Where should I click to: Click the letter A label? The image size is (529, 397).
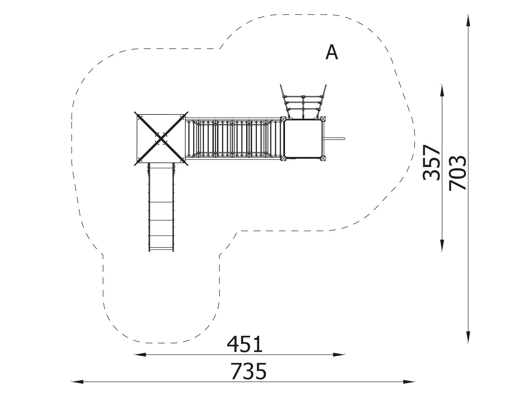pos(331,52)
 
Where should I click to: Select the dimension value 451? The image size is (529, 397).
pos(245,345)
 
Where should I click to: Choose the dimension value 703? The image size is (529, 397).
pos(458,173)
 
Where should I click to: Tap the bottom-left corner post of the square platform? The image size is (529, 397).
pos(283,158)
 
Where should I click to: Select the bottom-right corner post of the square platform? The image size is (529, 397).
pos(323,158)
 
